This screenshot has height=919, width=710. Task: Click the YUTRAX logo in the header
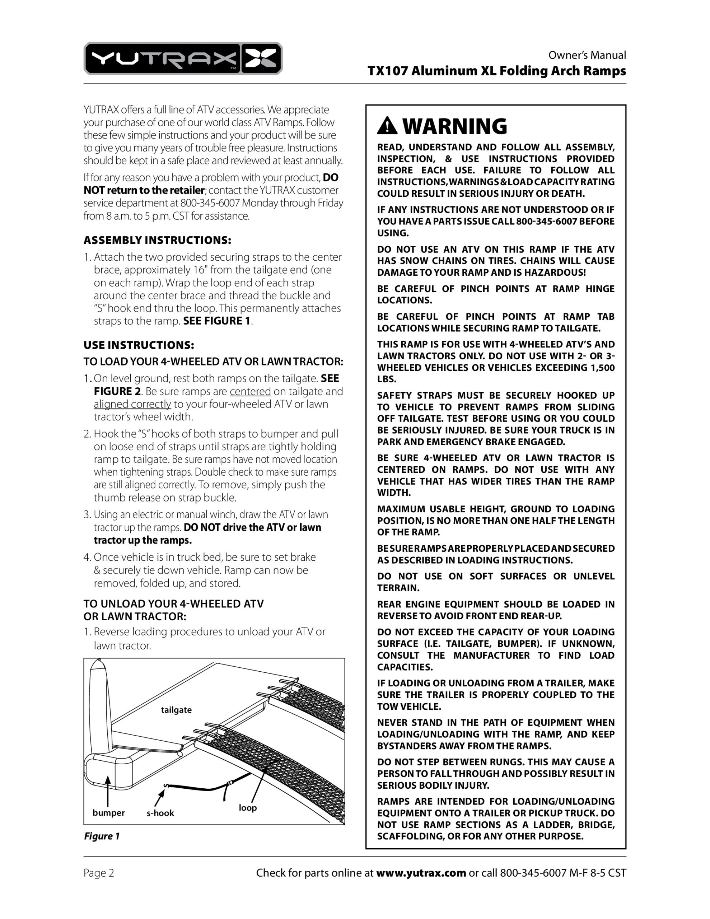(x=183, y=59)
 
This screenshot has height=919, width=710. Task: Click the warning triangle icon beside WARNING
(x=387, y=126)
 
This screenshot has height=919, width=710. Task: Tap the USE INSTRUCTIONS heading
(x=139, y=345)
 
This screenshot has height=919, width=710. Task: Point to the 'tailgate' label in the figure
(x=176, y=710)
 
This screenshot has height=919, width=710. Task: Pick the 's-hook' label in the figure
(x=160, y=813)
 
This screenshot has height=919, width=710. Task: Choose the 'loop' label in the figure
(x=247, y=807)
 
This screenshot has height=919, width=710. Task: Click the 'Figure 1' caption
(x=102, y=836)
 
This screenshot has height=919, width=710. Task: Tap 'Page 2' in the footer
(x=98, y=873)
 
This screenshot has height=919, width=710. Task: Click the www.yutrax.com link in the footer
(x=421, y=873)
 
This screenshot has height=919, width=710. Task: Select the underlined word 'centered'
(x=250, y=391)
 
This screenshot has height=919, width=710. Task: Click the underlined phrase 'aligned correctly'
(x=132, y=404)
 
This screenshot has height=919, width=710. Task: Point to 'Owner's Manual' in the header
(x=587, y=55)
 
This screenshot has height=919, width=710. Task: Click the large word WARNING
(x=455, y=126)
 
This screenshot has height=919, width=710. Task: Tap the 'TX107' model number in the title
(x=388, y=71)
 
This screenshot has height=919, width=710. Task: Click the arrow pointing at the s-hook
(x=159, y=797)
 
